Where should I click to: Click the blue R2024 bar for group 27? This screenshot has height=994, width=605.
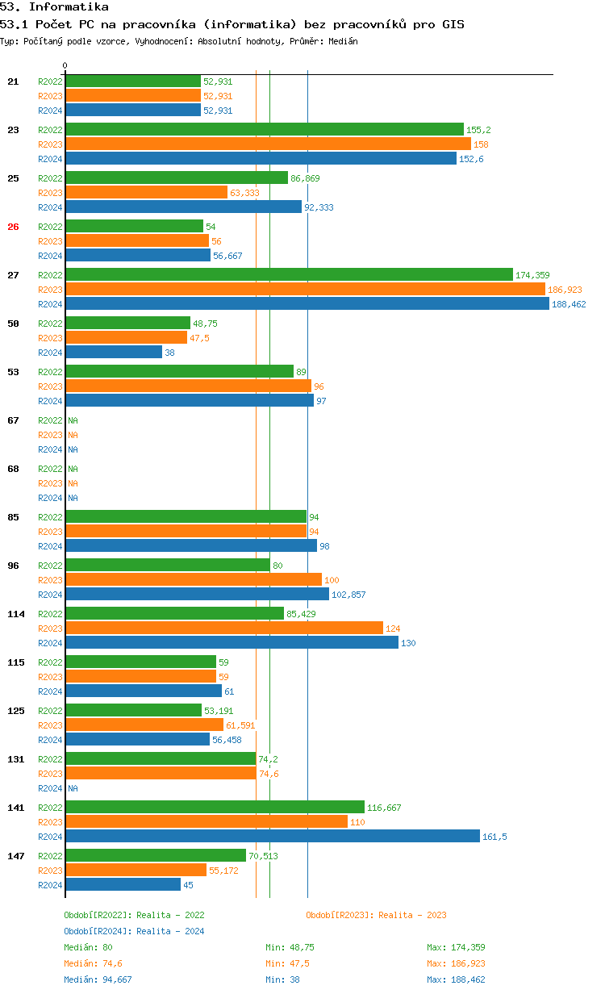pyautogui.click(x=307, y=304)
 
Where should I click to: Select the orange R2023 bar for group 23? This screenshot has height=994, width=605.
pyautogui.click(x=268, y=144)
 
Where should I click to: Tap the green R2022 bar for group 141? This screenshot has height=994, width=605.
pyautogui.click(x=215, y=808)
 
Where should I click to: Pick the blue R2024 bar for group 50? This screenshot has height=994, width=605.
pyautogui.click(x=114, y=353)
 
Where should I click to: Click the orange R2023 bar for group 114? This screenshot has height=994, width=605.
pyautogui.click(x=224, y=629)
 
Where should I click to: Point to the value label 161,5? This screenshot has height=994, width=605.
pyautogui.click(x=494, y=837)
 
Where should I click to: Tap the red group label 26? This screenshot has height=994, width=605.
pyautogui.click(x=13, y=227)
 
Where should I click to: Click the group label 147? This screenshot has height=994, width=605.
pyautogui.click(x=15, y=856)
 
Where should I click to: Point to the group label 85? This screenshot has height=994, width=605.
pyautogui.click(x=13, y=517)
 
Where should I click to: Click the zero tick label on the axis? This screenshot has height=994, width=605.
pyautogui.click(x=65, y=65)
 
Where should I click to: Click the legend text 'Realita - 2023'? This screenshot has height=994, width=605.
pyautogui.click(x=412, y=915)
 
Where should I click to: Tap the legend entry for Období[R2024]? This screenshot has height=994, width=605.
pyautogui.click(x=134, y=931)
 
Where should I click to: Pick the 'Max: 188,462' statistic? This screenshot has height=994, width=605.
pyautogui.click(x=456, y=979)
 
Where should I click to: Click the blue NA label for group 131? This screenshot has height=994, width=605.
pyautogui.click(x=73, y=788)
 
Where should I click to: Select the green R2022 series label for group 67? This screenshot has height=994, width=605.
pyautogui.click(x=50, y=420)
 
